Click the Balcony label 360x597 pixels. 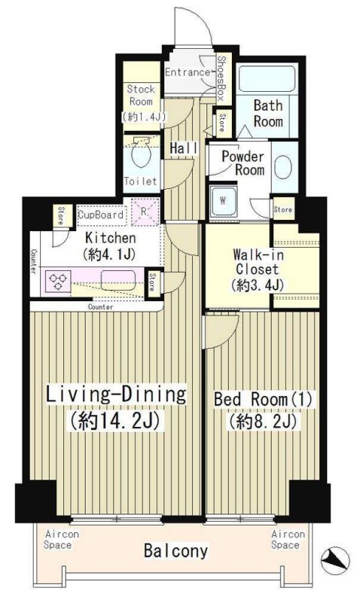176,550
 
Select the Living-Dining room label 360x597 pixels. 116,407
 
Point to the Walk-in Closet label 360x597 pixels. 257,270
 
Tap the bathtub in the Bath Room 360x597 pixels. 267,79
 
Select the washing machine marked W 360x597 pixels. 223,202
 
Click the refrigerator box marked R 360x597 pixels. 145,212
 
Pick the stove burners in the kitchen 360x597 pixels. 58,281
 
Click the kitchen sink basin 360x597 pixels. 118,281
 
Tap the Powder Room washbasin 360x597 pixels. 283,167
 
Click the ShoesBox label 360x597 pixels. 221,78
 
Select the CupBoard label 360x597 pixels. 101,215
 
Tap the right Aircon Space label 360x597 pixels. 288,539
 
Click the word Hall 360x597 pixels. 184,148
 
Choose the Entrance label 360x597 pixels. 188,72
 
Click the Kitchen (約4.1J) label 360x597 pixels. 110,245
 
